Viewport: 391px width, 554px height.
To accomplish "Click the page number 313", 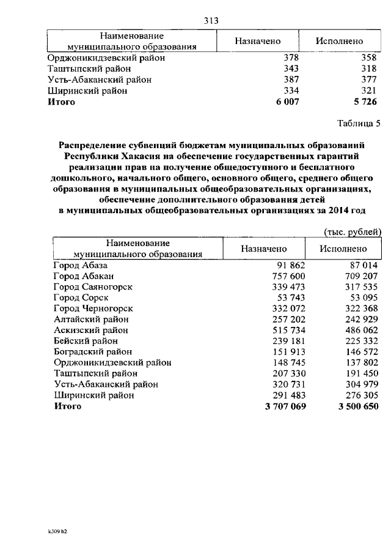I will click(x=211, y=21).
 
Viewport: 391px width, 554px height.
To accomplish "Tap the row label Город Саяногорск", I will click(x=92, y=286).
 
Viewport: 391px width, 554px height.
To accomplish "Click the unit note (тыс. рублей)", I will click(x=352, y=231).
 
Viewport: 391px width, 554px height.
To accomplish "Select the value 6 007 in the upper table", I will click(x=287, y=102).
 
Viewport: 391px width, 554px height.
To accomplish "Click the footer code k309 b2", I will click(x=57, y=531).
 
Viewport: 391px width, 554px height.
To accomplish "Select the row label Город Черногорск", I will click(x=93, y=309).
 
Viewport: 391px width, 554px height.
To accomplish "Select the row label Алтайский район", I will click(x=91, y=319).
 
